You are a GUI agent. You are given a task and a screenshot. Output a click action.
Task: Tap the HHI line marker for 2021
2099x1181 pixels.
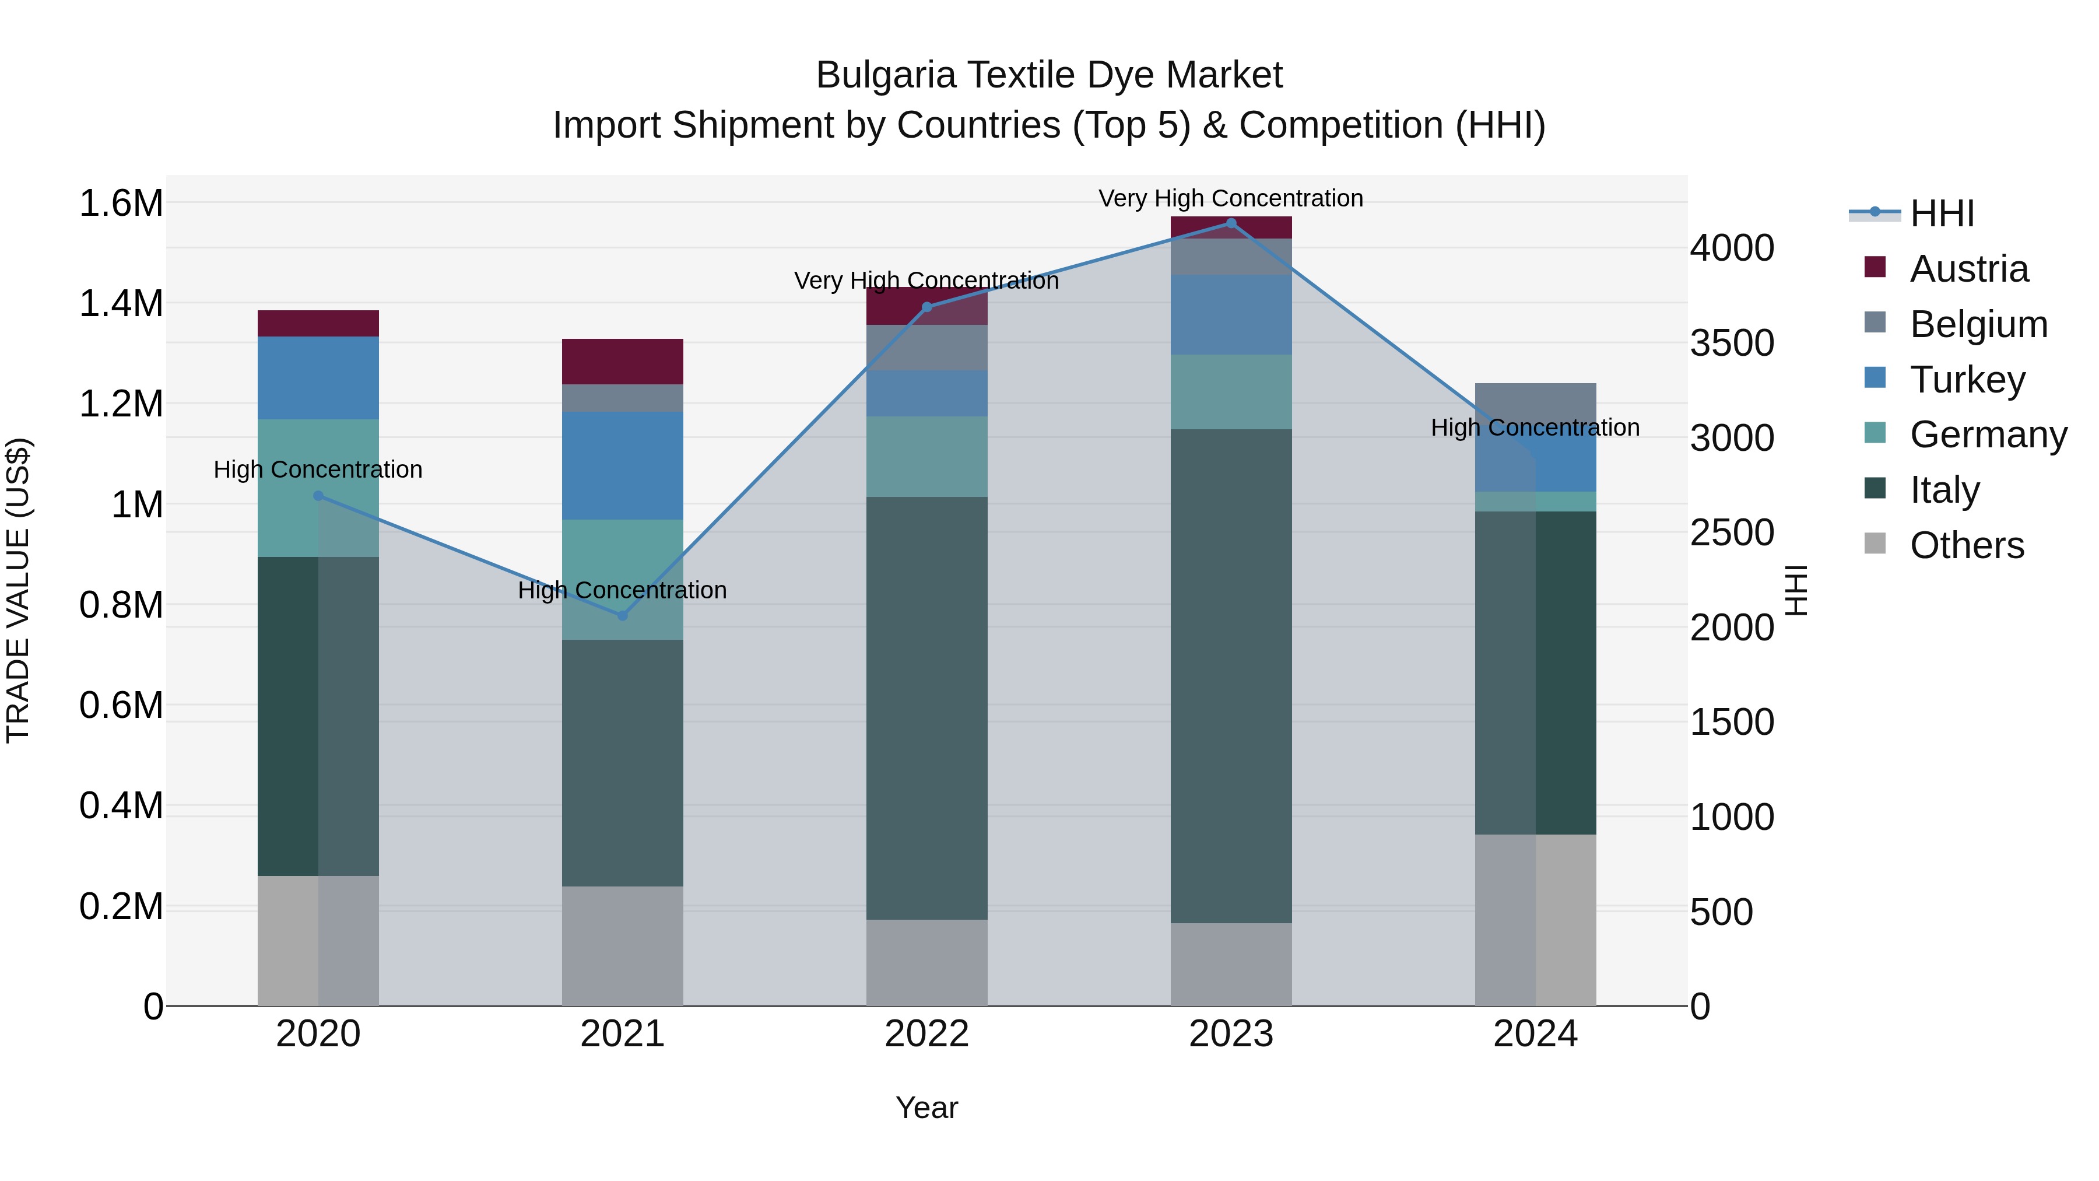pos(623,616)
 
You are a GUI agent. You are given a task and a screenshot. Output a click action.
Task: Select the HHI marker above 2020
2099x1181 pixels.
pos(318,496)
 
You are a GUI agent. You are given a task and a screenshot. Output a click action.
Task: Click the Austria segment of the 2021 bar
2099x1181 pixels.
pos(623,361)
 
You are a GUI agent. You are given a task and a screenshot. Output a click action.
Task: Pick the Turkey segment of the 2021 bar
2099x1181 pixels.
pos(623,465)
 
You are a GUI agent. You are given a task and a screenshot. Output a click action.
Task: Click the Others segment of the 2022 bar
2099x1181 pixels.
pos(926,962)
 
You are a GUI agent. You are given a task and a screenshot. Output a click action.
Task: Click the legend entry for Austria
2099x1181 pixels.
pos(1968,269)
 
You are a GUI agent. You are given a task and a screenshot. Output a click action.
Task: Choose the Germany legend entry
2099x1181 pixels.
pos(1988,434)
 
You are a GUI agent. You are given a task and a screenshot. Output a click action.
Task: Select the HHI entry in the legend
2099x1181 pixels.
pos(1942,213)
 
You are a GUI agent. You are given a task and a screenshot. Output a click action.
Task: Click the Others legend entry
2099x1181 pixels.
pos(1966,545)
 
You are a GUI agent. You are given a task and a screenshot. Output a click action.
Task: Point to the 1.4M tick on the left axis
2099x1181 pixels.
pos(121,304)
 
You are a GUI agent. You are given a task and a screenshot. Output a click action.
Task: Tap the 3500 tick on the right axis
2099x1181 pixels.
pos(1732,343)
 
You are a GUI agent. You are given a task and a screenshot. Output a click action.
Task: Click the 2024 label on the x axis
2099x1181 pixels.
pos(1535,1034)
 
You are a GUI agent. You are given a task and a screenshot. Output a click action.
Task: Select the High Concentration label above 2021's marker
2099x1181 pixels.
pos(623,590)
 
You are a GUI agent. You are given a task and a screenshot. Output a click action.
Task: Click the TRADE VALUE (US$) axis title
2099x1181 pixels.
pos(18,590)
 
